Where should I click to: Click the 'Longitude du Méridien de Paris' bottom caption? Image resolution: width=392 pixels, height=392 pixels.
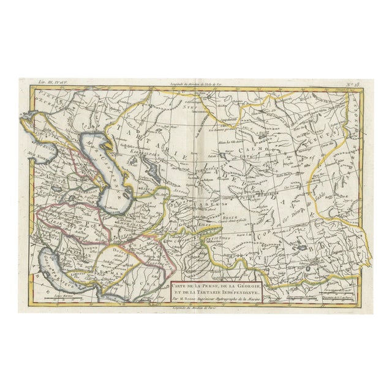196,306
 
